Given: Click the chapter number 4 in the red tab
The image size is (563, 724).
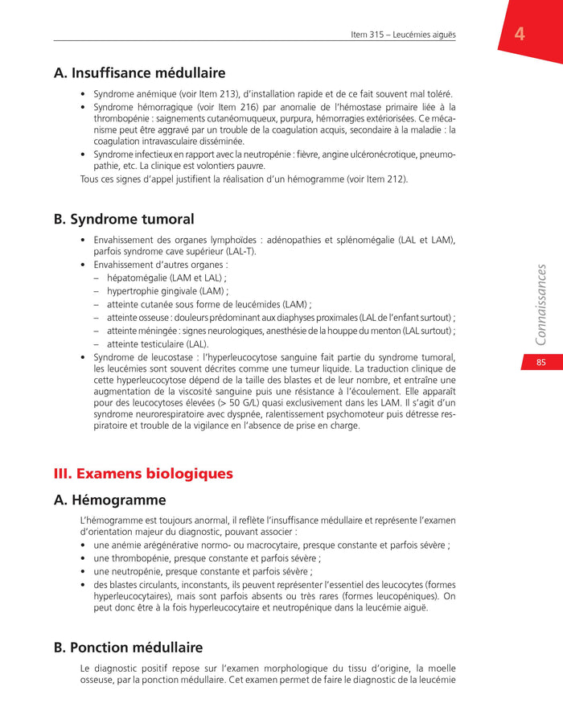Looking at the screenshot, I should (x=520, y=34).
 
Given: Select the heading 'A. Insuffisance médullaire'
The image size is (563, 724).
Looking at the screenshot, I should (x=139, y=73).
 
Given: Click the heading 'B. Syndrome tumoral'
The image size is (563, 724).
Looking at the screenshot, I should (x=124, y=219).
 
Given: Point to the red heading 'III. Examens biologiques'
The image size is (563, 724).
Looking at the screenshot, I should (x=143, y=474).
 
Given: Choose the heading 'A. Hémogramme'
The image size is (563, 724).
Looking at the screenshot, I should (x=109, y=500).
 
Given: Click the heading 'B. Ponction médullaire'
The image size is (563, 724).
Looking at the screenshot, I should (x=128, y=648).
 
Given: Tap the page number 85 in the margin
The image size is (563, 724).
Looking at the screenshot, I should (x=541, y=363).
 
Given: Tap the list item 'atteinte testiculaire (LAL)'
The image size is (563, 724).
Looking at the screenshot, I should (x=158, y=344).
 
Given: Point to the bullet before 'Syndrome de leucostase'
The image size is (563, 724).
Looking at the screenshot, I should (x=84, y=358).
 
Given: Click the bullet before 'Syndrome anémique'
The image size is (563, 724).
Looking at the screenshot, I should (x=84, y=94).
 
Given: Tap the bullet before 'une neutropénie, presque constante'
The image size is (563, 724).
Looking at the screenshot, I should (x=84, y=572).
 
